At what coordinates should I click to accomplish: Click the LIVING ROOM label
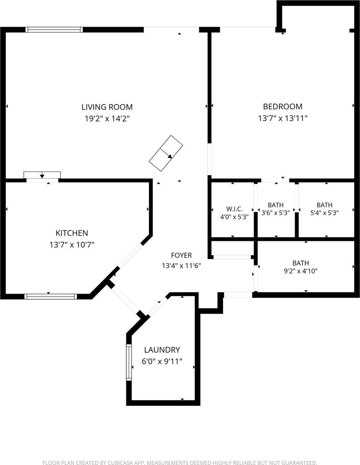[107, 107]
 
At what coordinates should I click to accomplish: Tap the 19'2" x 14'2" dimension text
[107, 118]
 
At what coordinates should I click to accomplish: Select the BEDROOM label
[283, 107]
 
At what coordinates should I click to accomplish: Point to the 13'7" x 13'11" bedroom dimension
[283, 118]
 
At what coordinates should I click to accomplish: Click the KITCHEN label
[72, 233]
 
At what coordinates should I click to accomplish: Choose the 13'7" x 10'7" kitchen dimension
[72, 244]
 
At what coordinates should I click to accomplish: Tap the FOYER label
[181, 255]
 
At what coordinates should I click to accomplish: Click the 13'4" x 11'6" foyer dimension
[181, 266]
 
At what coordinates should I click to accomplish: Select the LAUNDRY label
[162, 350]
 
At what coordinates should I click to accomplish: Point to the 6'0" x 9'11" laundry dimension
[162, 361]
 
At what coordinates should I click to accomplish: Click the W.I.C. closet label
[234, 209]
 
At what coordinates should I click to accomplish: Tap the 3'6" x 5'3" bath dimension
[276, 213]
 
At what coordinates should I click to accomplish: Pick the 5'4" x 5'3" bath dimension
[324, 213]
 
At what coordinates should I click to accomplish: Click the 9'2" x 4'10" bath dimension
[301, 271]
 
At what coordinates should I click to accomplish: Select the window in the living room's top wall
[54, 30]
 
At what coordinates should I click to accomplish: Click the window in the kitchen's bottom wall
[51, 297]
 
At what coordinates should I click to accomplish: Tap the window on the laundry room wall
[129, 362]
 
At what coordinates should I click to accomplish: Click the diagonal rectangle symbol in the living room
[166, 153]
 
